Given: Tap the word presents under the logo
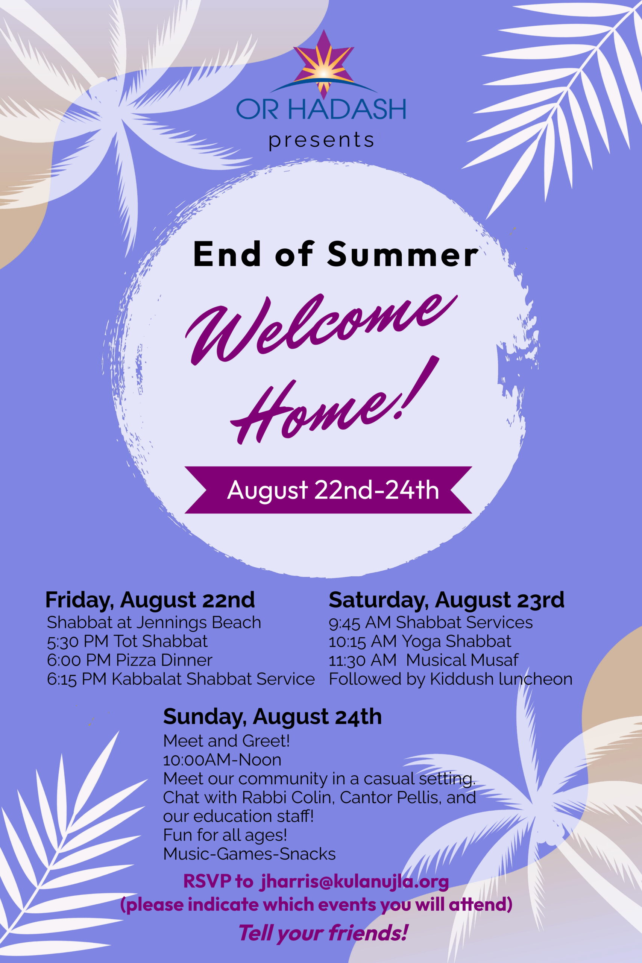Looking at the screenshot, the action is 322,140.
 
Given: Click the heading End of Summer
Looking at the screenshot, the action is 335,254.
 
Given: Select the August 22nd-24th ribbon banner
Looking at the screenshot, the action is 328,490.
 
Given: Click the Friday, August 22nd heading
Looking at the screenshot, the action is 150,600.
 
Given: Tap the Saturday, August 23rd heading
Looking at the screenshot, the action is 447,600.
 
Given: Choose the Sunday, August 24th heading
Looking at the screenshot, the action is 272,717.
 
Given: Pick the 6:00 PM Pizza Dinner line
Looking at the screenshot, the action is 130,660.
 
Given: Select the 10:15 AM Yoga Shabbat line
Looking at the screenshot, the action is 420,642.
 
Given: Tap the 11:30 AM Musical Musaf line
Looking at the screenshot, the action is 424,660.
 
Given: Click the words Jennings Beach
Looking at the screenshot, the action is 199,623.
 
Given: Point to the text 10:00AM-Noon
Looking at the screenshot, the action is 222,760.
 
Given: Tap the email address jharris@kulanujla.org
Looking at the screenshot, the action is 354,881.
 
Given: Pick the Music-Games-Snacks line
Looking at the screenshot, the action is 249,854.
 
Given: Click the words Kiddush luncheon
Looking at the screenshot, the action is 501,679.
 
